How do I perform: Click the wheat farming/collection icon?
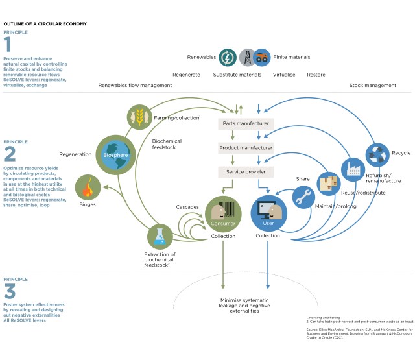[139, 117]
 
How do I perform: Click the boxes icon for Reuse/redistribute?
[329, 184]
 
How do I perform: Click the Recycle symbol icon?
[377, 154]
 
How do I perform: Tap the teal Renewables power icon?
[228, 58]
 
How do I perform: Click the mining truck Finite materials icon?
[261, 58]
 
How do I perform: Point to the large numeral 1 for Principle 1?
[8, 44]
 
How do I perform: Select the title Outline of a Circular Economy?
[45, 23]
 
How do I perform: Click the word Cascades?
[187, 206]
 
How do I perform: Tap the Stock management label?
[373, 85]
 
